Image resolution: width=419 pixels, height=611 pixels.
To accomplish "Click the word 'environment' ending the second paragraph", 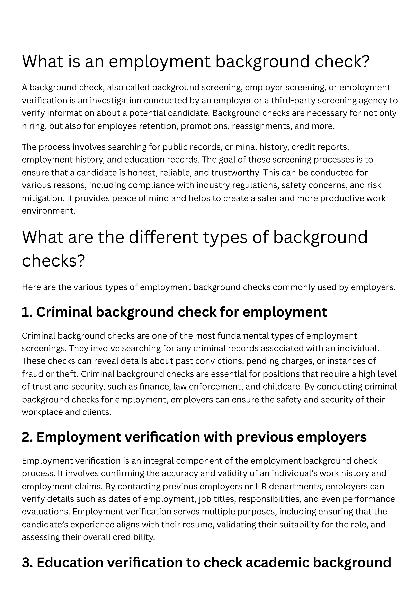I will (x=48, y=211).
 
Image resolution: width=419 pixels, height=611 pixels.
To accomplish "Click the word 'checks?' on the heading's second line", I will (x=54, y=261).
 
